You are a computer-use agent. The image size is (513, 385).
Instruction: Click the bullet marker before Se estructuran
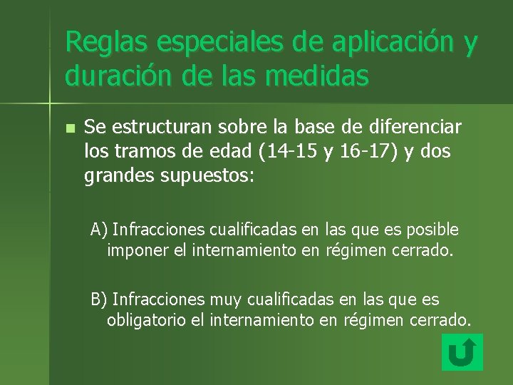click(69, 129)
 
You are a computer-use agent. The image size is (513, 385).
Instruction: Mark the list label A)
click(98, 230)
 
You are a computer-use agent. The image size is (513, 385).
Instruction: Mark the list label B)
click(98, 299)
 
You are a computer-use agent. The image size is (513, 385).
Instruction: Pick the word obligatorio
click(147, 321)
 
